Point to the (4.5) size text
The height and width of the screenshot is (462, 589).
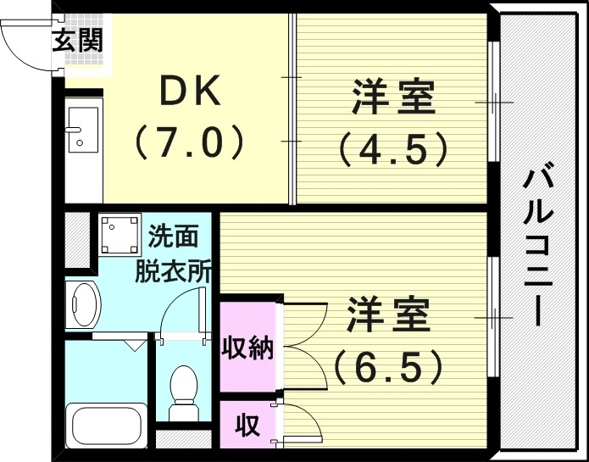point(393,150)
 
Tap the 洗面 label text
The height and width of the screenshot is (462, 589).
point(175,235)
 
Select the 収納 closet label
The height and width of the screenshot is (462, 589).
point(247,347)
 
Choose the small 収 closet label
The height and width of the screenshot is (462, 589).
point(247,424)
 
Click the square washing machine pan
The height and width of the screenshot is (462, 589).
point(119,236)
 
